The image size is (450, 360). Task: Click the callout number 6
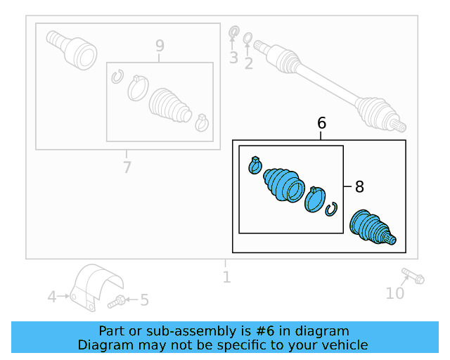pos(321,123)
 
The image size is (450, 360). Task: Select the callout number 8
pos(359,187)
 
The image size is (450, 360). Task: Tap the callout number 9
pos(160,46)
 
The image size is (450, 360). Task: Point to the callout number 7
pos(127,167)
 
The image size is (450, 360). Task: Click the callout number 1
pos(226,278)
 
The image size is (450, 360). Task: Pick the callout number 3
pos(233,58)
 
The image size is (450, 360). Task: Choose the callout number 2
pos(248,64)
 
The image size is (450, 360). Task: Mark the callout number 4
pos(52,297)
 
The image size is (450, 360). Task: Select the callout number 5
pos(144,301)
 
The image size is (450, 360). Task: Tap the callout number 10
pos(395,292)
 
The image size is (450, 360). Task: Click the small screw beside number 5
pos(118,302)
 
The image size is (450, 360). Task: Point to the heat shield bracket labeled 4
pos(95,287)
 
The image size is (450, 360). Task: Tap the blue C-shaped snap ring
pos(332,209)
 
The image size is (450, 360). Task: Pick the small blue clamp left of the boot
pos(255,165)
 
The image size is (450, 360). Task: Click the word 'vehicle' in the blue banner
pos(342,345)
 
